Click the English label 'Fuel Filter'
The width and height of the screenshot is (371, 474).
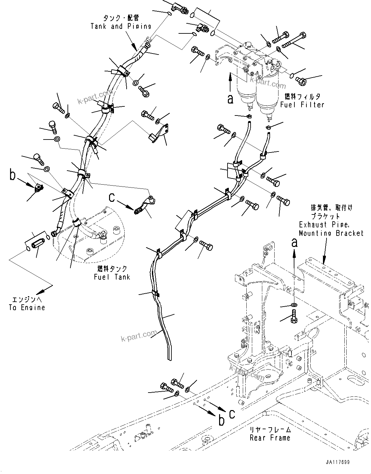(x=302, y=105)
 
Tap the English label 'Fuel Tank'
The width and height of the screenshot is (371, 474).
(x=112, y=277)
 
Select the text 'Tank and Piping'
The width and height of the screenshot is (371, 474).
(x=121, y=26)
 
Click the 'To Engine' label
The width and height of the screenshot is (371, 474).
(x=27, y=308)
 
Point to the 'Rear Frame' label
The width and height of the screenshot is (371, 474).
(x=270, y=438)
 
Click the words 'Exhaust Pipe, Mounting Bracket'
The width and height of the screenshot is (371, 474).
(x=331, y=229)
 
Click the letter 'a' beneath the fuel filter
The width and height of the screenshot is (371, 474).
(x=230, y=99)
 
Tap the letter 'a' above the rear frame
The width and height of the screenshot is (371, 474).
(x=294, y=242)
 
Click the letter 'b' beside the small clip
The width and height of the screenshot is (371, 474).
(x=12, y=176)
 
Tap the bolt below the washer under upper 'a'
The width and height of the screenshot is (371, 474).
(x=294, y=316)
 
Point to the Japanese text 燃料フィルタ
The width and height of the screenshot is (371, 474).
(x=302, y=96)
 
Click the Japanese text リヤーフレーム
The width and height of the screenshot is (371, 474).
(x=270, y=430)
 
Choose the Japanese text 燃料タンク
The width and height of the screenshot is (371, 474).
(x=112, y=269)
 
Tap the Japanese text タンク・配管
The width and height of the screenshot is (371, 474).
(x=121, y=18)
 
